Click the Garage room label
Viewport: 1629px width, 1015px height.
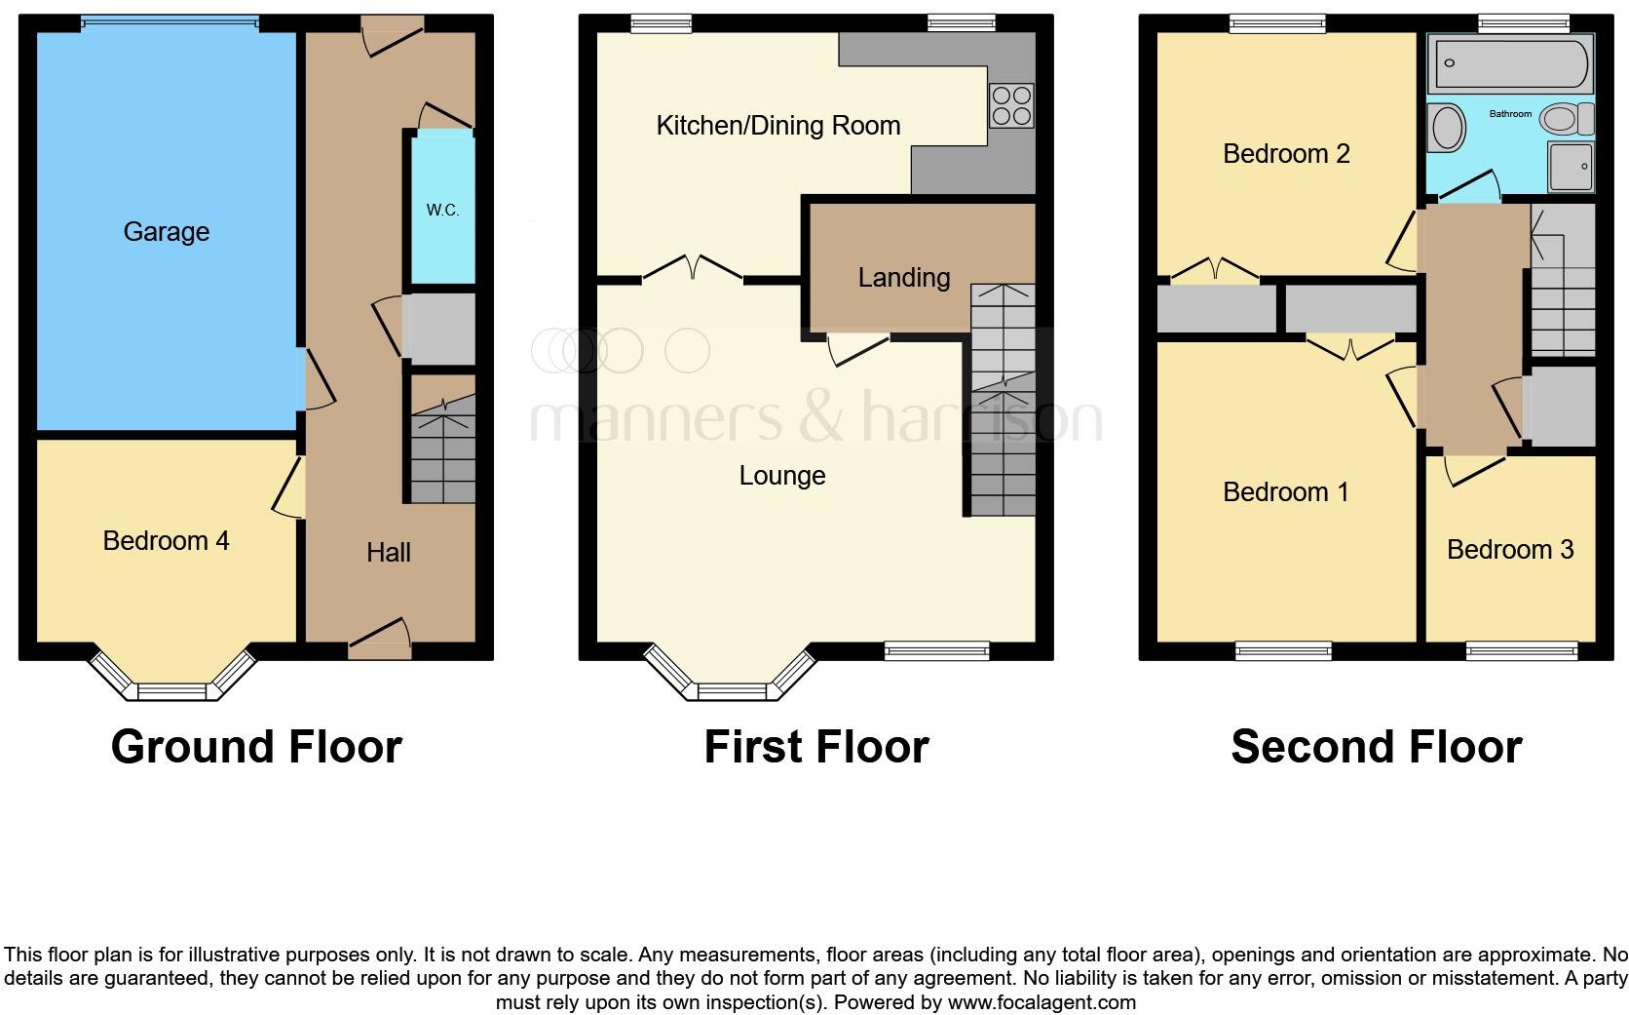coord(167,232)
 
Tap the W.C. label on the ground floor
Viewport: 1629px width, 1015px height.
coord(442,211)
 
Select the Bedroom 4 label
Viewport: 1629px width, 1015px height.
coord(167,541)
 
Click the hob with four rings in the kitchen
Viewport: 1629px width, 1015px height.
coord(1011,106)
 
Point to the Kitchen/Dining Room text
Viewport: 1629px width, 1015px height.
coord(777,126)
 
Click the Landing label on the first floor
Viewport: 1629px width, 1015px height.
coord(903,278)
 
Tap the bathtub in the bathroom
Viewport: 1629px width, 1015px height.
coord(1508,65)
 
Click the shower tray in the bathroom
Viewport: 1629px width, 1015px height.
coord(1571,167)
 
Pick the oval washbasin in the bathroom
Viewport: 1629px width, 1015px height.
coord(1448,128)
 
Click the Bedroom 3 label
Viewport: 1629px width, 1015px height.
coord(1509,550)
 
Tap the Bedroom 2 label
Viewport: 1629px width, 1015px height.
coord(1286,154)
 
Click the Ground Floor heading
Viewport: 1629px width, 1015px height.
coord(256,747)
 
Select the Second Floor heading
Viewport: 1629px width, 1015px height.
coord(1376,747)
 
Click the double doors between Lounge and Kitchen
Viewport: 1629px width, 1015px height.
coord(693,269)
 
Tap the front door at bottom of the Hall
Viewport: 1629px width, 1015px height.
coord(379,638)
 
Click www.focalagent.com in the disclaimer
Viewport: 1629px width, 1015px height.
coord(1041,1002)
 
